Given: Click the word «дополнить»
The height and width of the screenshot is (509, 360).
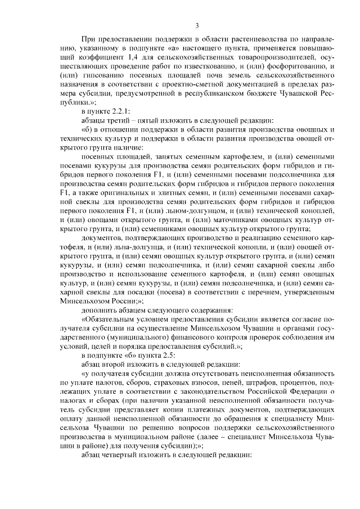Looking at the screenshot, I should (x=99, y=310).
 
